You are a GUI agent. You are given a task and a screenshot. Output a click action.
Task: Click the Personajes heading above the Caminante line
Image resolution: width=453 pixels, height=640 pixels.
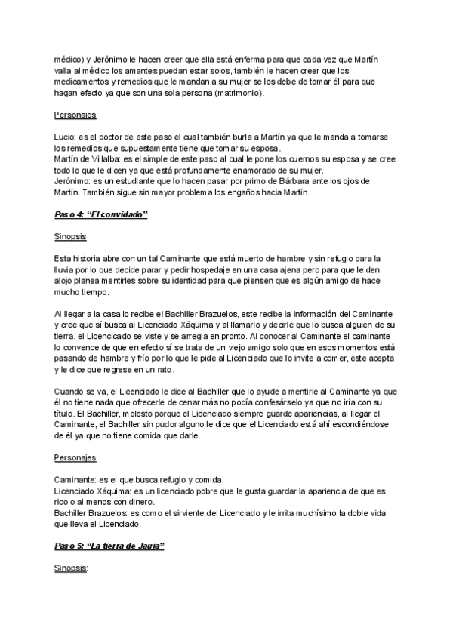click(x=75, y=458)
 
